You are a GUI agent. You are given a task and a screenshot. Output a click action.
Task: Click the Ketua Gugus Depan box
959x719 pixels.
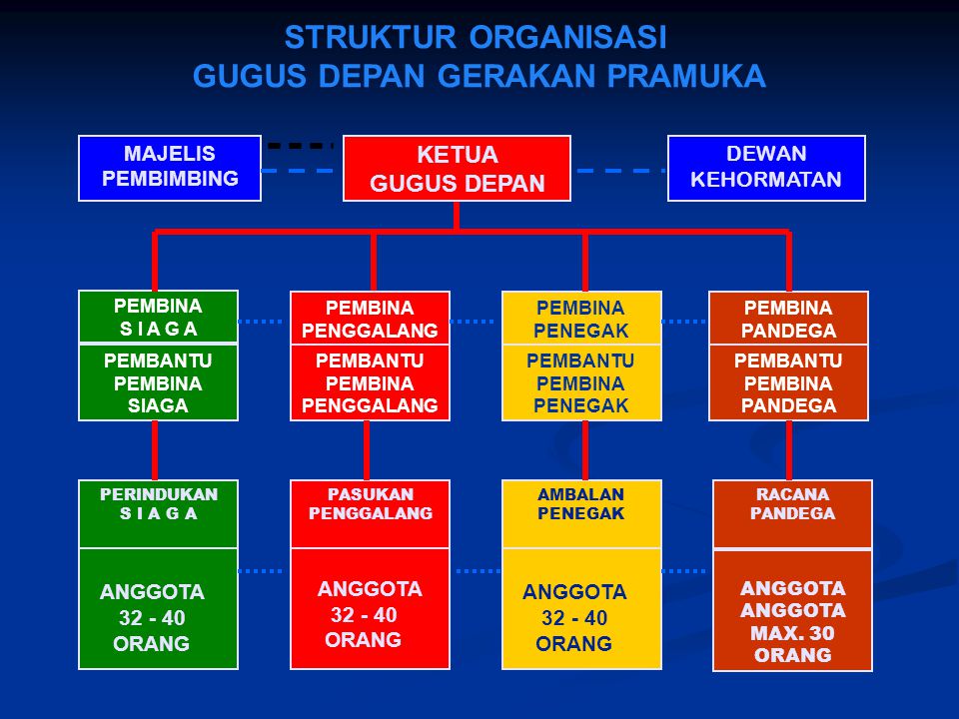[x=457, y=169]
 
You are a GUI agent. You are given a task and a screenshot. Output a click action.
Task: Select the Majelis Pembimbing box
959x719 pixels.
[x=170, y=167]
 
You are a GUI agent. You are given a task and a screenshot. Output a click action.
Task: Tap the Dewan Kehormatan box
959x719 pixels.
[x=766, y=167]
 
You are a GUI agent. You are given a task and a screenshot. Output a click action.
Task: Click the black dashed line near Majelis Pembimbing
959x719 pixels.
[x=300, y=146]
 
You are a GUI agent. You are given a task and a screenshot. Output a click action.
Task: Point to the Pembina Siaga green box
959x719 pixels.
[x=159, y=317]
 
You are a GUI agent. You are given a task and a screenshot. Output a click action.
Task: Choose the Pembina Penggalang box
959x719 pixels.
[x=370, y=319]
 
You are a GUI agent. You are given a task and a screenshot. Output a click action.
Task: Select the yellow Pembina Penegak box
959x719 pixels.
[x=580, y=319]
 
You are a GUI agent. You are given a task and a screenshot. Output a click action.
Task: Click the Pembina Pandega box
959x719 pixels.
[x=788, y=319]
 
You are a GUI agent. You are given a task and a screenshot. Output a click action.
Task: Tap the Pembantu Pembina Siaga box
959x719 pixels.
[x=159, y=382]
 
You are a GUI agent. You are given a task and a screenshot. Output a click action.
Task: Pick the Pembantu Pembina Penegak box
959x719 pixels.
[x=580, y=382]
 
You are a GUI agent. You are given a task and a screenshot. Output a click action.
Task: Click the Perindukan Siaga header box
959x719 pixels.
[x=159, y=512]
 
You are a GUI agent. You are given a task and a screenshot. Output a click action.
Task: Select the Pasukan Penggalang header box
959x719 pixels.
[x=370, y=512]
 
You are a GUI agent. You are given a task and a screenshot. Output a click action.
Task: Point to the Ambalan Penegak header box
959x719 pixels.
[x=580, y=512]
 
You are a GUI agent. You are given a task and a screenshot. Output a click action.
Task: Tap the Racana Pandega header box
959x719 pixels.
[x=792, y=512]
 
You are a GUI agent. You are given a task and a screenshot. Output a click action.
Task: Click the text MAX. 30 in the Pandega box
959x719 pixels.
[x=792, y=633]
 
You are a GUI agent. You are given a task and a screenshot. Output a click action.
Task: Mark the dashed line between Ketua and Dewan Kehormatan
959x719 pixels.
[x=619, y=171]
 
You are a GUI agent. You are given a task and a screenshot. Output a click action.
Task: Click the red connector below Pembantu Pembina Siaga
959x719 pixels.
[x=155, y=449]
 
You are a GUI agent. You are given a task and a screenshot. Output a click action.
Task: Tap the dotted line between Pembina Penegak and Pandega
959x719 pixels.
[x=685, y=322]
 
